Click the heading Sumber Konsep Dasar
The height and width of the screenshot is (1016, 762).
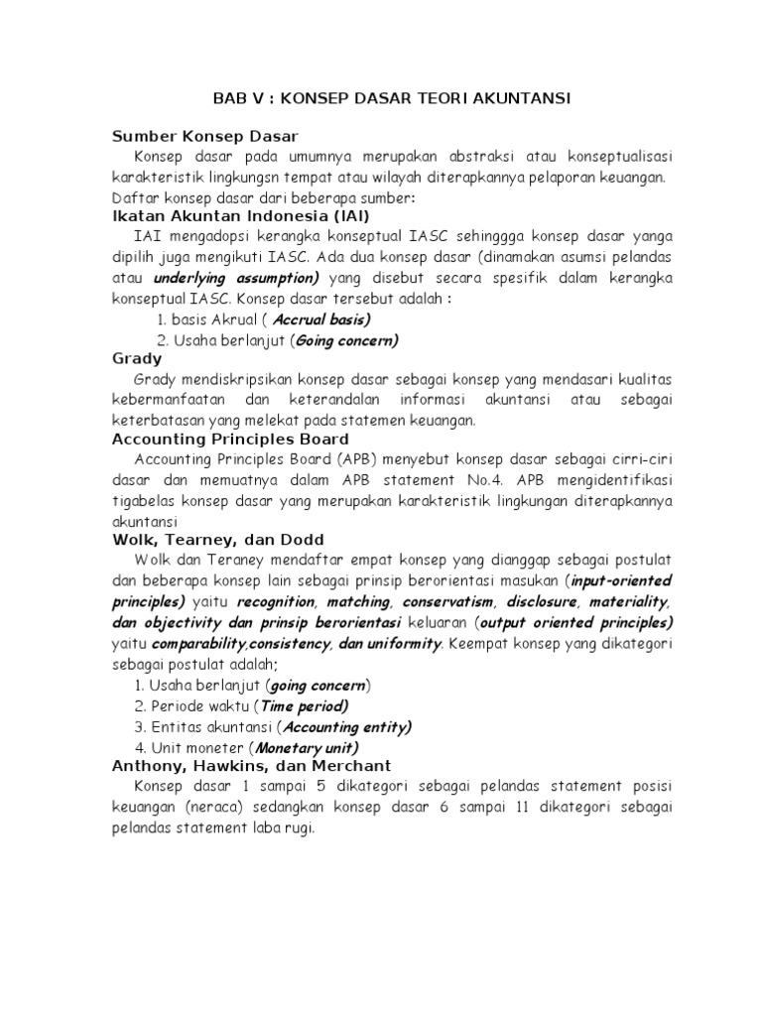coord(205,136)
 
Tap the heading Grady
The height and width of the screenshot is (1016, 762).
coord(137,358)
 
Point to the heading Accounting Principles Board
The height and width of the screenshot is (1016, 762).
coord(230,439)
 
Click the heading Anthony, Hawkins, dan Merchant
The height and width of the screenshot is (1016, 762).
coord(251,766)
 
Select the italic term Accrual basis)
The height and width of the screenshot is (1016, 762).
coord(321,319)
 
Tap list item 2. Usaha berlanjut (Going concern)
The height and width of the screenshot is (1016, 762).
coord(277,340)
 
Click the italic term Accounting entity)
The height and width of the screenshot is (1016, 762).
coord(348,726)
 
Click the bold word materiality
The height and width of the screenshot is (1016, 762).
coord(630,602)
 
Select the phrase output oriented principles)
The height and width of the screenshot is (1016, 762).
coord(577,622)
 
